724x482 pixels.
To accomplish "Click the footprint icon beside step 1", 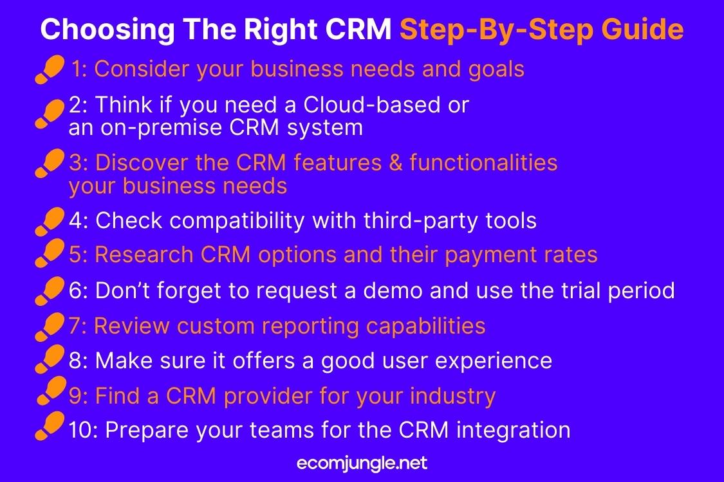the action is [50, 69].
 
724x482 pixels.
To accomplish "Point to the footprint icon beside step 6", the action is [50, 291].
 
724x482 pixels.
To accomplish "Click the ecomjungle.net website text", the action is [362, 463].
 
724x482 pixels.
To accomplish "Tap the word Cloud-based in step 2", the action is [372, 105].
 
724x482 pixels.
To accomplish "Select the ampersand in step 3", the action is [396, 163].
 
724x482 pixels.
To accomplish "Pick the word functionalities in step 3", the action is [483, 163].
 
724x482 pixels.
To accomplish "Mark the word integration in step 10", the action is [514, 431].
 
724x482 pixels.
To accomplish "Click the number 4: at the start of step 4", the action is [79, 221].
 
